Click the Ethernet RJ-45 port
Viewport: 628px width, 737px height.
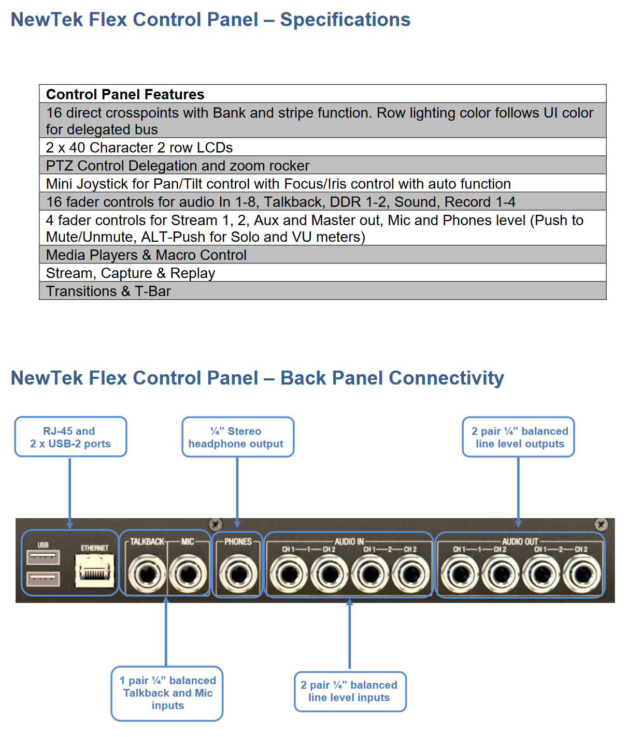click(94, 571)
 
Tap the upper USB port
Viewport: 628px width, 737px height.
click(43, 557)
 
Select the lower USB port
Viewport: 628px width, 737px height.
click(43, 579)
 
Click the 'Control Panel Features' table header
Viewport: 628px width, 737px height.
click(125, 94)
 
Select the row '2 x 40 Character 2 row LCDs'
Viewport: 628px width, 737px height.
click(139, 148)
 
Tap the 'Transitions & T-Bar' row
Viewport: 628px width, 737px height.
click(108, 291)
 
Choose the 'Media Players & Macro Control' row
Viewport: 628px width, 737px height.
click(146, 255)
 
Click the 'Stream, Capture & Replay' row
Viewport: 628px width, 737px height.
click(131, 273)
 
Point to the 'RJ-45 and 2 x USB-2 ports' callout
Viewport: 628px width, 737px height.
click(70, 437)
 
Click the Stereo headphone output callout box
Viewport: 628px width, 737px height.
click(237, 437)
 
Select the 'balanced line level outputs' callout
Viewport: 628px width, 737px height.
click(519, 437)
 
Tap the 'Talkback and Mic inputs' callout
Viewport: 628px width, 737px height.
click(167, 693)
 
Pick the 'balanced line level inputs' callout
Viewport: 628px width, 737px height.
click(350, 691)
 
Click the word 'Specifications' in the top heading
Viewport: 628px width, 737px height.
click(345, 20)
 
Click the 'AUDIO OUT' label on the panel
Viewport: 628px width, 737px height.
click(520, 541)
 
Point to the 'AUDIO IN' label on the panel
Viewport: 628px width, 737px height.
click(349, 541)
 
